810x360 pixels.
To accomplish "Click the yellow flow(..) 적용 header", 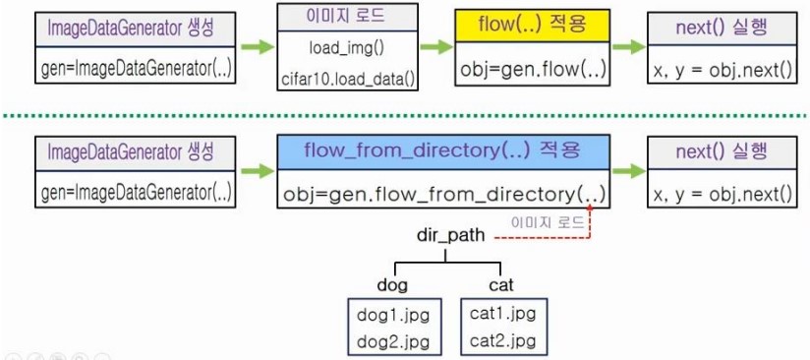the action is pos(532,26).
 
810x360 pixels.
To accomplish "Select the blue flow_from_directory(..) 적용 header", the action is pos(443,151).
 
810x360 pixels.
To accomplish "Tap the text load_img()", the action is pos(347,49).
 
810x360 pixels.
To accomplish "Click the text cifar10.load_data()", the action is pos(348,78).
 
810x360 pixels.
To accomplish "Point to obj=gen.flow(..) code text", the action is pos(533,68).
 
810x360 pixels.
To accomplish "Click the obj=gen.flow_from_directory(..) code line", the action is pos(443,195).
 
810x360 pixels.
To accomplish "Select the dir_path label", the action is pos(451,236).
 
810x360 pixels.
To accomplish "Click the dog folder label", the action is pos(392,285).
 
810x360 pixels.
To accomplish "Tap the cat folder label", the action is pos(500,285).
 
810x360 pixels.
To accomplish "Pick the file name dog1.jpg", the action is pos(393,316).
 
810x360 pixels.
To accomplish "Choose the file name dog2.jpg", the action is pos(393,342).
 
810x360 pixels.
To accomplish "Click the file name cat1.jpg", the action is pos(502,314).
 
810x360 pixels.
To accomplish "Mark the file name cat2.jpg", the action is pos(502,341).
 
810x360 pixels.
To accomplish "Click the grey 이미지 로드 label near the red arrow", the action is pos(548,223).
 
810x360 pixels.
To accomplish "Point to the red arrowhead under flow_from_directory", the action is pos(590,208).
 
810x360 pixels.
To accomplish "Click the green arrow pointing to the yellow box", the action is pos(436,47).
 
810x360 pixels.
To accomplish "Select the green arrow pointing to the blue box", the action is pos(258,171).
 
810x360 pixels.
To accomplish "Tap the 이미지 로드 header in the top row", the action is pos(347,16).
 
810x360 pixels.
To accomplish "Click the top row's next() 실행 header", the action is pos(722,28).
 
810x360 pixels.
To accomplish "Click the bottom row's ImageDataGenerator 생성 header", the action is pos(130,152).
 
